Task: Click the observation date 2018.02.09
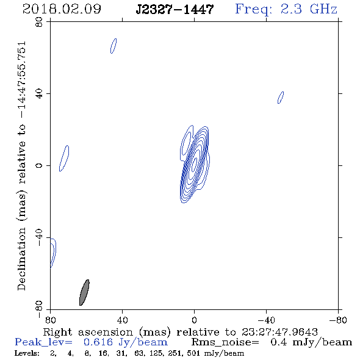(62, 9)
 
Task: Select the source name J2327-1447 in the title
(175, 10)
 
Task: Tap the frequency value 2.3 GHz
(309, 9)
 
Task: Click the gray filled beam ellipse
(84, 292)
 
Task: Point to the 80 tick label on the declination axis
(39, 22)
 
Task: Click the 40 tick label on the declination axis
(39, 94)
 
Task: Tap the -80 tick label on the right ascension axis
(338, 320)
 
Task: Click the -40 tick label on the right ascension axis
(266, 320)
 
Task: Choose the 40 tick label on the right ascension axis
(123, 320)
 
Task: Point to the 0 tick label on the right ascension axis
(194, 320)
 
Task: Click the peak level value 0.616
(98, 342)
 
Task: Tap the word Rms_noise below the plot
(225, 342)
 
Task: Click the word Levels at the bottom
(27, 353)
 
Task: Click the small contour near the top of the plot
(113, 46)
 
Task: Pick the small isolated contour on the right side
(281, 98)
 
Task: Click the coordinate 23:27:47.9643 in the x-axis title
(279, 332)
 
